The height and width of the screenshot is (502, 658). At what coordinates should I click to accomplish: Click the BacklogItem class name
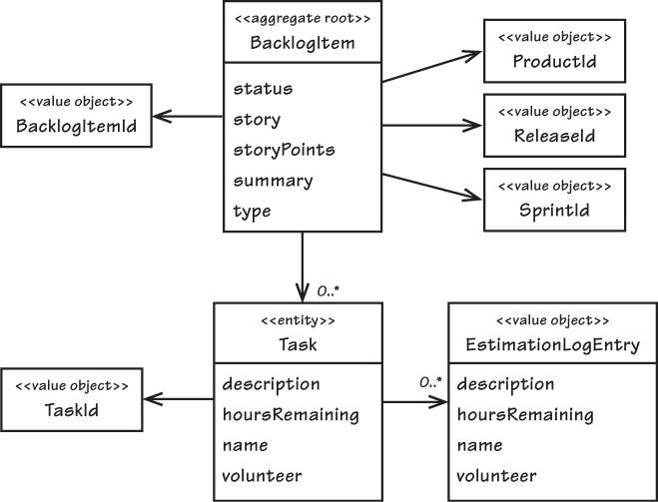pos(303,43)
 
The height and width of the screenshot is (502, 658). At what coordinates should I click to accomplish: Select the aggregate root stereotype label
pos(303,19)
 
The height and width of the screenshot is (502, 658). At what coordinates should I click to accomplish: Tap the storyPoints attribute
pos(285,150)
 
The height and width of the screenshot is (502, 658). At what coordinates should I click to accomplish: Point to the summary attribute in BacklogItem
pos(273,182)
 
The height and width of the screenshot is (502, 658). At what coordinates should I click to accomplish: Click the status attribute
pos(263,89)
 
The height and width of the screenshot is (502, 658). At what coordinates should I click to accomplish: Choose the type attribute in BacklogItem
pos(252,212)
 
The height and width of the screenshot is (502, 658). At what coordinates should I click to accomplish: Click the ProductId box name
pos(554,62)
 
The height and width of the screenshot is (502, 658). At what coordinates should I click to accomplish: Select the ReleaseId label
pos(554,136)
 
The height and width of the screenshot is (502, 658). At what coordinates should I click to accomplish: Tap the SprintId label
pos(554,211)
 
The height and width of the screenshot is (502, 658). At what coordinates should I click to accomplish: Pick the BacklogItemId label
pos(76,126)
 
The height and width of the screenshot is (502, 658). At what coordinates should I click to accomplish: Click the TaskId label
pos(72,410)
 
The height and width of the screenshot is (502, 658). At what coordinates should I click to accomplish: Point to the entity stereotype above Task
pos(298,320)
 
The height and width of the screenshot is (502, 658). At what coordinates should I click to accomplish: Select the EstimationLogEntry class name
pos(553,344)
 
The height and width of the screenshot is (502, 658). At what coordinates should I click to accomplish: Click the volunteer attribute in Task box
pos(262,476)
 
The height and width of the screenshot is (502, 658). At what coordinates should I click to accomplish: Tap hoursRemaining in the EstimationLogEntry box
pos(525,415)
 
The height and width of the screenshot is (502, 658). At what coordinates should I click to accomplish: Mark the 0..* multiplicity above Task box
pos(329,290)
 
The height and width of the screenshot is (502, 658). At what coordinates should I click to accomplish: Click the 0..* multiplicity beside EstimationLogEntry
pos(431,382)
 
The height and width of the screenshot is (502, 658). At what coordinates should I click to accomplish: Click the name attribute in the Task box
pos(245,445)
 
